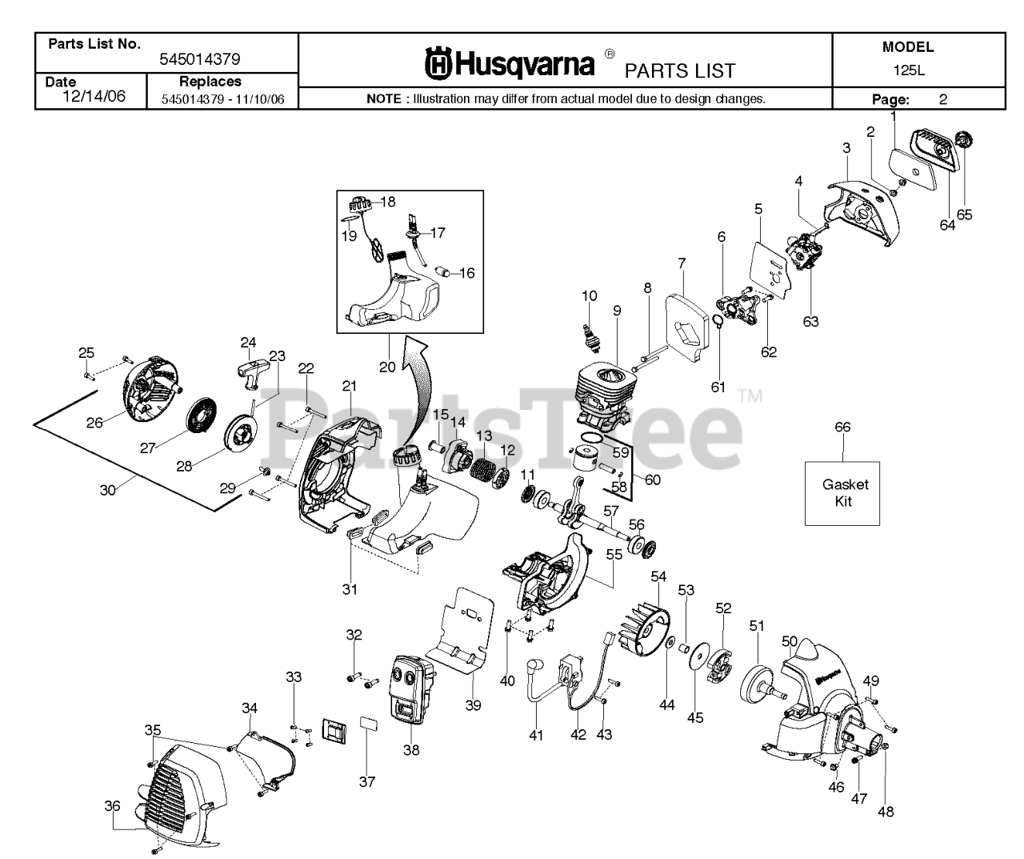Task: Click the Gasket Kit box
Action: point(842,493)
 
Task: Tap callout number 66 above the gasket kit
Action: point(842,427)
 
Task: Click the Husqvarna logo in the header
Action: point(510,64)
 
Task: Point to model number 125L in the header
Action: point(908,70)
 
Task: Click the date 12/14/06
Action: point(94,96)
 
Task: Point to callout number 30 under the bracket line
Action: point(108,490)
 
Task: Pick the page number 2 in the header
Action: point(943,100)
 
